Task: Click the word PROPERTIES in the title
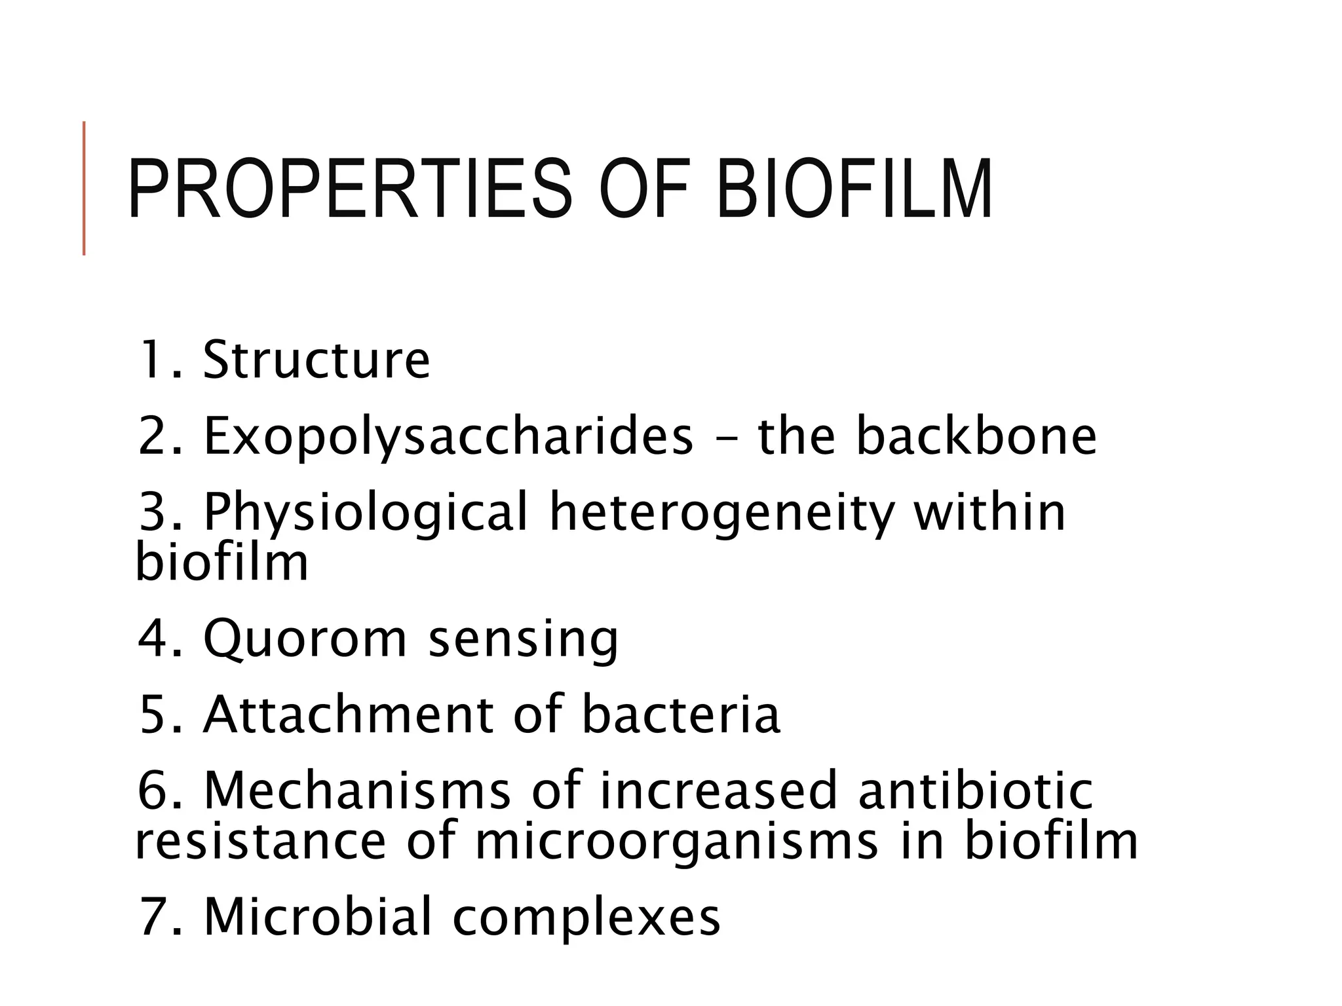(350, 189)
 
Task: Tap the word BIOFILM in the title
(854, 189)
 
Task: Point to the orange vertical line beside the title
(84, 188)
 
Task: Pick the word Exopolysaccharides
(448, 437)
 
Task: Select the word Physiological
(366, 513)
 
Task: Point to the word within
(989, 512)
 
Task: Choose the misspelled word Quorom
(305, 639)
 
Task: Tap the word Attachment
(348, 714)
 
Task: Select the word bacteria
(681, 714)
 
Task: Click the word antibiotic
(976, 791)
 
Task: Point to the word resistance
(260, 841)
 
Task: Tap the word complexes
(586, 917)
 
